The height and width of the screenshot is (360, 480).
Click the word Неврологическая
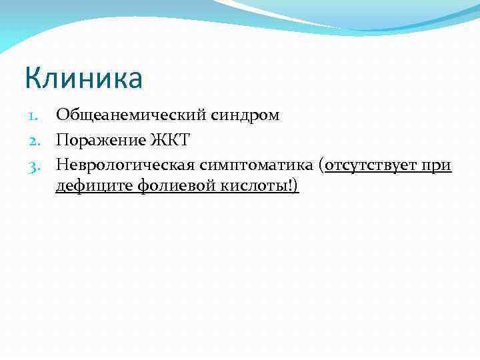(124, 164)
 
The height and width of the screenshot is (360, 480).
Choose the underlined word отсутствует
(373, 164)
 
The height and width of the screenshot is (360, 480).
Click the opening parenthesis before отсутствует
(322, 165)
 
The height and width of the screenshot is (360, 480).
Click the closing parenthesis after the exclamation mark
(296, 187)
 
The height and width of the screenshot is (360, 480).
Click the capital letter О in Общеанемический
(63, 115)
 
